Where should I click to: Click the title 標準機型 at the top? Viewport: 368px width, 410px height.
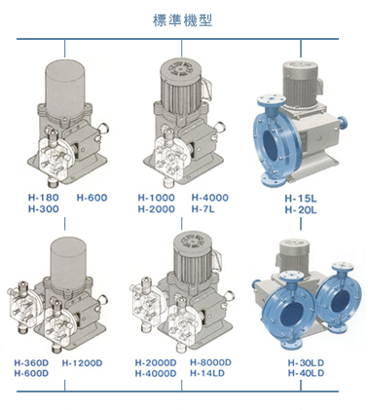[182, 20]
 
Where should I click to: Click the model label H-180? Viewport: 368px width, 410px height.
[44, 198]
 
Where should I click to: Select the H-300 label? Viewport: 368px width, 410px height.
[44, 208]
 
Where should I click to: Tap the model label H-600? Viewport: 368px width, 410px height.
[92, 198]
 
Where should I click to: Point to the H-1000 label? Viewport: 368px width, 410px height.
[156, 198]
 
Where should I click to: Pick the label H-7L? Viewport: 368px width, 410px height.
[202, 208]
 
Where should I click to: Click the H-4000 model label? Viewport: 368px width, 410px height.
[209, 198]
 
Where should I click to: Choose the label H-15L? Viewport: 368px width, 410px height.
[301, 198]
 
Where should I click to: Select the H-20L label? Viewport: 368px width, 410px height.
[301, 210]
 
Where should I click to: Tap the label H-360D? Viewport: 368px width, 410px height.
[31, 362]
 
